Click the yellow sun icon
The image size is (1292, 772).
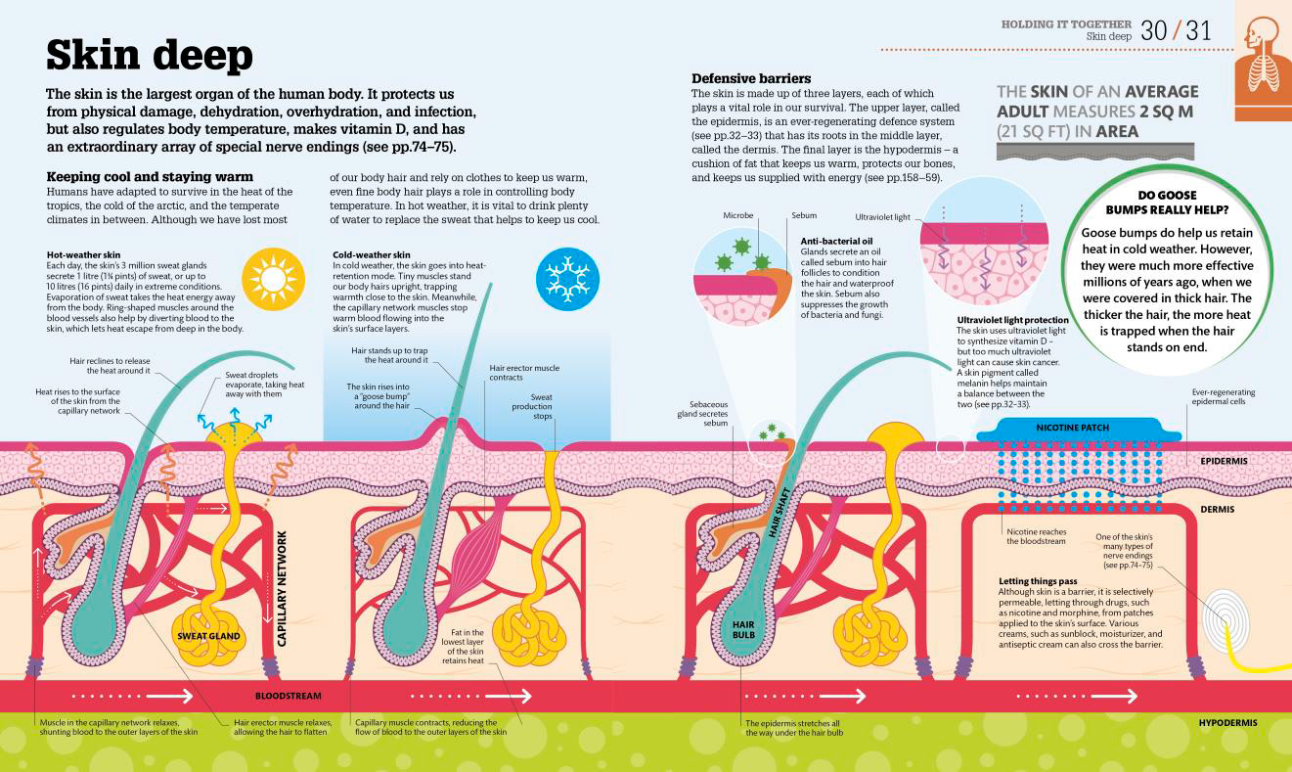273,279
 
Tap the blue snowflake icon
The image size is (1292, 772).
567,279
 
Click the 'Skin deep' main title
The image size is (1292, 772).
150,56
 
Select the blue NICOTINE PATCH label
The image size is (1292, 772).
1072,428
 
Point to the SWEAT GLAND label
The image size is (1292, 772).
208,636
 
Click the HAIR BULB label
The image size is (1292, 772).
743,629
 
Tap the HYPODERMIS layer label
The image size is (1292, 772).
1227,722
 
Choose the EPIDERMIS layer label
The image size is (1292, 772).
1224,461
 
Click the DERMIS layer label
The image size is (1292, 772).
1217,510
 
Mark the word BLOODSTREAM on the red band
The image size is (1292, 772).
288,696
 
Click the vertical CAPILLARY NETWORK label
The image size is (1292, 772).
282,588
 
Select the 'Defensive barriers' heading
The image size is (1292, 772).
751,78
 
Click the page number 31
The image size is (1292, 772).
1198,30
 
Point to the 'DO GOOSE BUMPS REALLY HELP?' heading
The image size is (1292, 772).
1167,203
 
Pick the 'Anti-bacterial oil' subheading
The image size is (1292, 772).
836,241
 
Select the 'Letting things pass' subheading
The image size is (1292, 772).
1038,581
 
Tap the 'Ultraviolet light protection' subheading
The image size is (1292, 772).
1013,320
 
